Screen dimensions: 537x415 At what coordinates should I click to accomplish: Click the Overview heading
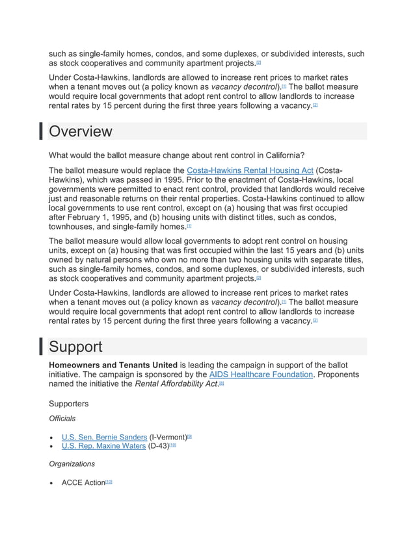(x=81, y=131)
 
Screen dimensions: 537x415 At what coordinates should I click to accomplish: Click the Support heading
(x=76, y=347)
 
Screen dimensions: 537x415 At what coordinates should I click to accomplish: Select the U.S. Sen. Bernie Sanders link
(x=104, y=437)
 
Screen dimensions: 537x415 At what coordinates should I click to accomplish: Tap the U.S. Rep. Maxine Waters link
(x=103, y=446)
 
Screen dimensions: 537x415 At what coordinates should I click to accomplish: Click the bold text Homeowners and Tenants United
(x=113, y=365)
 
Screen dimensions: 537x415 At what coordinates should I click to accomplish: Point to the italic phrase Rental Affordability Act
(x=176, y=384)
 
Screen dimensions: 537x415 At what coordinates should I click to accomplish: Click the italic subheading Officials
(x=62, y=418)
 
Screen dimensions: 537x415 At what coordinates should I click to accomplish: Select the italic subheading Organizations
(x=72, y=464)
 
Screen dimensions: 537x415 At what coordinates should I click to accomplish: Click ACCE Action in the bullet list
(x=83, y=482)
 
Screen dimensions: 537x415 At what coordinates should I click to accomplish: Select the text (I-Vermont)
(x=168, y=437)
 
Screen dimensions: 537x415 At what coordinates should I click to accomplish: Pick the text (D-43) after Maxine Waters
(x=158, y=446)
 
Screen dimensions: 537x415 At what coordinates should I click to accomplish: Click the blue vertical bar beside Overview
(x=41, y=131)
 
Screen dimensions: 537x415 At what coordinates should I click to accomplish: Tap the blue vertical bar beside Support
(x=41, y=347)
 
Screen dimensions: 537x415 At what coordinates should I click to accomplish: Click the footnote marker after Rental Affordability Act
(x=221, y=384)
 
